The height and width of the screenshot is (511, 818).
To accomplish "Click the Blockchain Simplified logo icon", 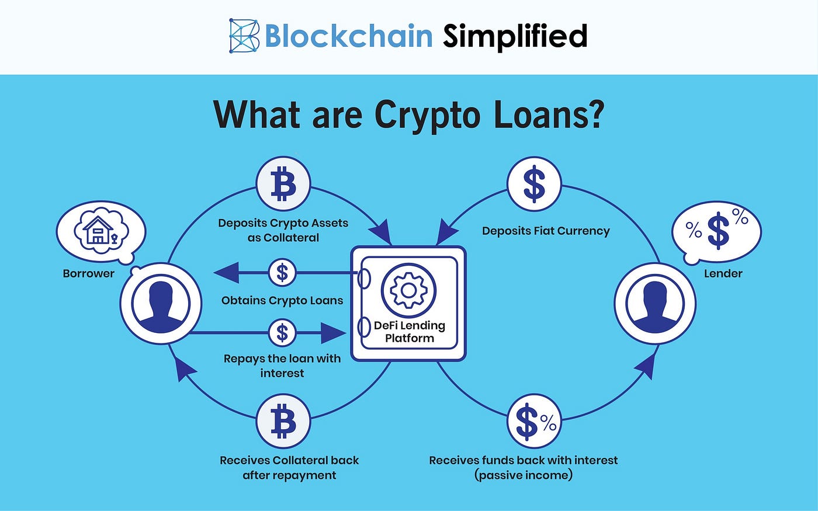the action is click(x=244, y=36).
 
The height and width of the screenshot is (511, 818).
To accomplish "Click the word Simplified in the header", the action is click(x=515, y=36).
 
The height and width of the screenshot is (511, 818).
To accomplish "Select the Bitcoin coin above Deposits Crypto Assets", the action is click(x=283, y=184).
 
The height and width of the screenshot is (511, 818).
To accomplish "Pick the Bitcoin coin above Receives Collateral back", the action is click(x=283, y=421).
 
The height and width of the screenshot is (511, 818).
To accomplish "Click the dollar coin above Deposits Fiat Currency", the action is click(x=534, y=184).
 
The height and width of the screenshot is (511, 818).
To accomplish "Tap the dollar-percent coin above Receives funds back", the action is click(x=534, y=421).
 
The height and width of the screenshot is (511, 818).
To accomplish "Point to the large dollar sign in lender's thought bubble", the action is click(x=718, y=231).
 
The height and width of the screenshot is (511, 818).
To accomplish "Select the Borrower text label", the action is click(x=88, y=273).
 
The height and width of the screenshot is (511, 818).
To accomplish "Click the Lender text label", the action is click(x=723, y=273).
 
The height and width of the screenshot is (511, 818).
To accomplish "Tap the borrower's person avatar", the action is click(x=161, y=303).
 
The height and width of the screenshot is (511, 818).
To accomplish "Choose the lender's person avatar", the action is click(x=655, y=303).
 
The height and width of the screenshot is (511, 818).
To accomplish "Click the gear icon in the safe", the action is click(x=408, y=291).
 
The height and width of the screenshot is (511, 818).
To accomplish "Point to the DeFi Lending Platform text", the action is click(x=410, y=332).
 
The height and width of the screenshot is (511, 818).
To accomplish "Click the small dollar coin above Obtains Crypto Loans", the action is click(x=282, y=272).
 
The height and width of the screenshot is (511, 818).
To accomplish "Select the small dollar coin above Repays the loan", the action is click(x=282, y=332).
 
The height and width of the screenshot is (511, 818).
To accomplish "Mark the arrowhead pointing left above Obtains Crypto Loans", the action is click(x=227, y=273).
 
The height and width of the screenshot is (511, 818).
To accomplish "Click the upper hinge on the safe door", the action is click(x=363, y=279).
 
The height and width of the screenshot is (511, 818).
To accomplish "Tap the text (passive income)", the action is click(x=524, y=475).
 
